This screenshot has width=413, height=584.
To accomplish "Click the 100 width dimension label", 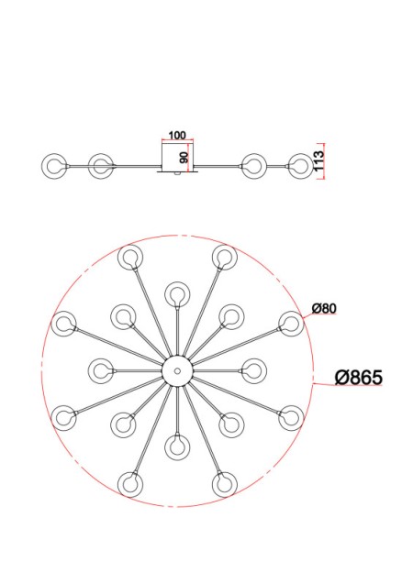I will coord(177,136).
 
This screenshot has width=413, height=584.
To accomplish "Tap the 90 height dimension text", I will coord(184,157).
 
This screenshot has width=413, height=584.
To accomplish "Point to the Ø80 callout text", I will coord(322,308).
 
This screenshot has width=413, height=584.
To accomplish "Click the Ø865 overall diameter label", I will coord(358,378).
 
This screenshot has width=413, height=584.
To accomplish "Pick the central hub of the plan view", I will coord(175,370).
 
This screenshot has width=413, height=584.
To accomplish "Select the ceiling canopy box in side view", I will coord(177,157).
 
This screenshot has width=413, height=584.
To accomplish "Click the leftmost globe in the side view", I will coord(55,166).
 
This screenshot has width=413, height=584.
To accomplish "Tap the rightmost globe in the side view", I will coord(299,166).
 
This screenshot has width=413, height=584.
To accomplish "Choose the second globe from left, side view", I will coord(100,166).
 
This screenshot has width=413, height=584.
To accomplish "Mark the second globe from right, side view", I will coord(253,166).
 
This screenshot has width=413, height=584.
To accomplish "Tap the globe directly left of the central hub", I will coord(100,370).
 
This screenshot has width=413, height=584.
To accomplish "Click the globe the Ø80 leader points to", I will coord(291,323).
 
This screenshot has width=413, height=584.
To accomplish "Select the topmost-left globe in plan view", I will coord(129,257).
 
